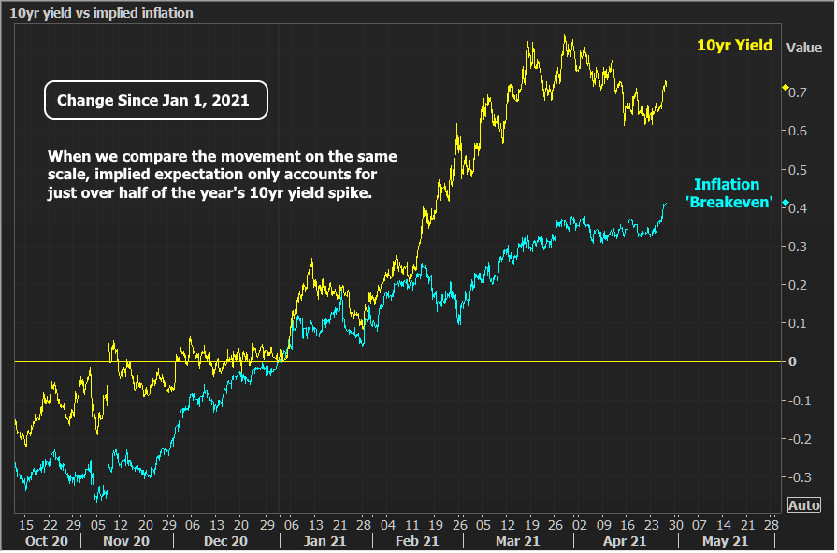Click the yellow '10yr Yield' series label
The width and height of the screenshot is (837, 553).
[x=734, y=46]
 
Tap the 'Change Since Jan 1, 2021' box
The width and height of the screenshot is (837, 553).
[x=156, y=101]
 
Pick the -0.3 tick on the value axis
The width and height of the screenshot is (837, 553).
[x=800, y=476]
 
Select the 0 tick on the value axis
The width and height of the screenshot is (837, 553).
[x=792, y=362]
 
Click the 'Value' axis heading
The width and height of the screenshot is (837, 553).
[x=803, y=47]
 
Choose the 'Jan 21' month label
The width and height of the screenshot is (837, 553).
[x=321, y=540]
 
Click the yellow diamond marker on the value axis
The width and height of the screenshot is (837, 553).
[x=785, y=89]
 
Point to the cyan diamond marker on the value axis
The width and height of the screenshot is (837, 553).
[x=785, y=203]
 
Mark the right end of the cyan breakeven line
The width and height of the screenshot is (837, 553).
[x=666, y=204]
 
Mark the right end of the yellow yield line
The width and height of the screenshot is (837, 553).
[x=667, y=82]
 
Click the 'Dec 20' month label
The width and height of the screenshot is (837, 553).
[x=225, y=540]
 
